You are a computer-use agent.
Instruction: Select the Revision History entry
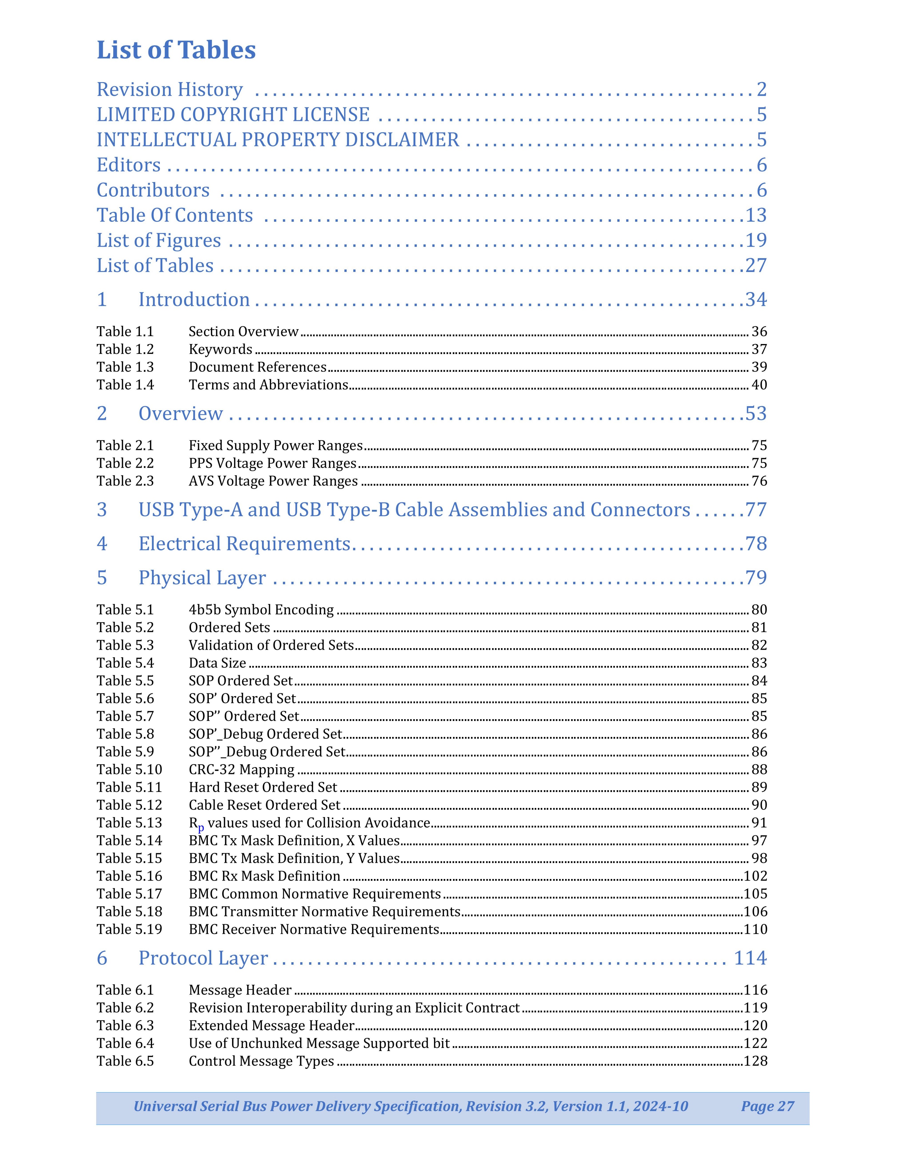point(170,90)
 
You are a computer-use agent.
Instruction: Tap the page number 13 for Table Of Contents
point(756,215)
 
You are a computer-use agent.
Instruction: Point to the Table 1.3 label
point(125,367)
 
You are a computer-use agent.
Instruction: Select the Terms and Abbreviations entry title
point(268,385)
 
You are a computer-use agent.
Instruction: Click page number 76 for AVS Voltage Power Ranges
point(759,481)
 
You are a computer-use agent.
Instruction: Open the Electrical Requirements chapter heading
point(244,544)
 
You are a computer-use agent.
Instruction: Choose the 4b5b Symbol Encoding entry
point(261,610)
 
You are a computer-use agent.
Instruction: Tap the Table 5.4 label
point(125,663)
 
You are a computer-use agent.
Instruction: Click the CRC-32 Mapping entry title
point(241,769)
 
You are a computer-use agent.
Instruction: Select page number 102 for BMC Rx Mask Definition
point(755,876)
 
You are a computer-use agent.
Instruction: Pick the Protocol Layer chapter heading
point(203,958)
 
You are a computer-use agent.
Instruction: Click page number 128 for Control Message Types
point(755,1061)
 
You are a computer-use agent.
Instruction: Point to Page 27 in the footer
point(767,1106)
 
